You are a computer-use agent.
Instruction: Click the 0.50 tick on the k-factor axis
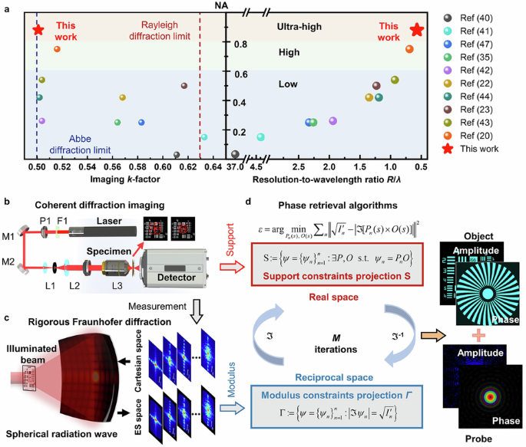tap(36, 165)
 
